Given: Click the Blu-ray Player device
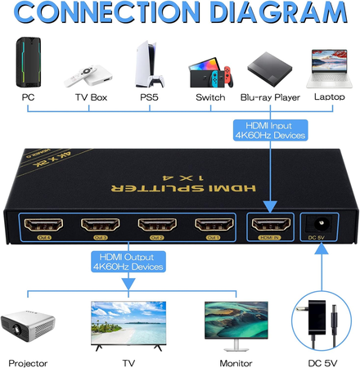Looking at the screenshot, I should pyautogui.click(x=270, y=69).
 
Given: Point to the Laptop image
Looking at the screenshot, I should pyautogui.click(x=331, y=69).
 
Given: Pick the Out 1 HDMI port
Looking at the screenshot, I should pyautogui.click(x=213, y=227).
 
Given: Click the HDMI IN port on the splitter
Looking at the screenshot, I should pyautogui.click(x=269, y=227).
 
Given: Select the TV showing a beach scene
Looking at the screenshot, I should pyautogui.click(x=127, y=321).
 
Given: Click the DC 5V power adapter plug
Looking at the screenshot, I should pyautogui.click(x=320, y=320).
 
